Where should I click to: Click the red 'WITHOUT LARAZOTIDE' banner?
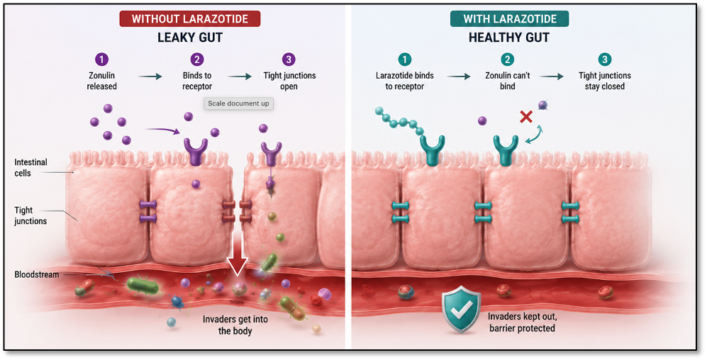pos(190,18)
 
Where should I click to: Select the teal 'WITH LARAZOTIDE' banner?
pos(510,18)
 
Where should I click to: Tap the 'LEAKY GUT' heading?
pos(190,38)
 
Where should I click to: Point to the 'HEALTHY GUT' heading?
pos(509,38)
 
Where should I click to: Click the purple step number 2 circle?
pos(197,60)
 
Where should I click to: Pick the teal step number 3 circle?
pos(605,60)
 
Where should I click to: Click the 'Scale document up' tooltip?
pos(238,103)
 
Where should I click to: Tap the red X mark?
pos(525,117)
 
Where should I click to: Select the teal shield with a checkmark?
pos(461,309)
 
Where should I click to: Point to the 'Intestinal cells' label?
pos(30,167)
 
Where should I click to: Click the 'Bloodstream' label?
pos(37,274)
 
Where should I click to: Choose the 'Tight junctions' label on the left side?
pos(30,215)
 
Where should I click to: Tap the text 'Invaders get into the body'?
pos(235,325)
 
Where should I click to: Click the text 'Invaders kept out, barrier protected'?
pos(522,322)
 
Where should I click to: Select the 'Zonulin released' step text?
pos(101,81)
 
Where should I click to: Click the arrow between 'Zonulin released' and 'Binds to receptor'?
pos(150,77)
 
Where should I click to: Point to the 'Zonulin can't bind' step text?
pos(507,81)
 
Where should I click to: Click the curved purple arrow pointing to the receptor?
pos(163,130)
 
